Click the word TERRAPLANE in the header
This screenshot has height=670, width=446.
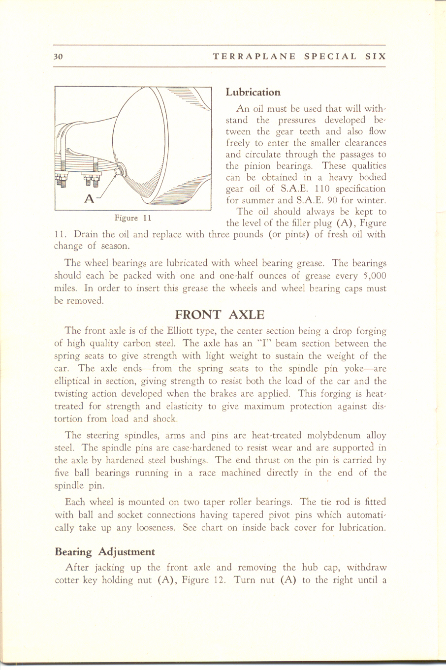pos(254,57)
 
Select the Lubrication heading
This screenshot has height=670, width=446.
pos(253,92)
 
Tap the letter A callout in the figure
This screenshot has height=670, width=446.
pos(89,198)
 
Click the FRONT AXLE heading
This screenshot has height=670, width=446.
pos(220,315)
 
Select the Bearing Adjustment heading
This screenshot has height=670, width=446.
pos(104,552)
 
